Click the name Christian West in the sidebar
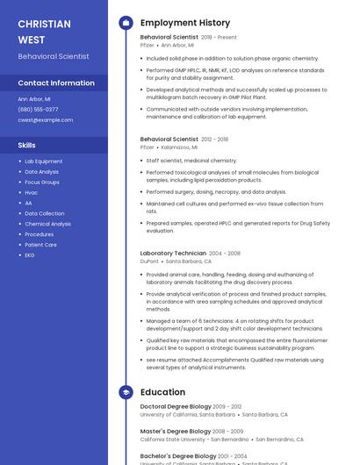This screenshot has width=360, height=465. point(44,31)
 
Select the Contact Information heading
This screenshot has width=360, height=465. point(56,82)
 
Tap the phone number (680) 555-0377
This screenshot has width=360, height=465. point(38,110)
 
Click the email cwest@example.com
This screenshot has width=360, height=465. point(46,119)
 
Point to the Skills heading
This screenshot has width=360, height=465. point(27,145)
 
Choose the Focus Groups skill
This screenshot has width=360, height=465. point(42,182)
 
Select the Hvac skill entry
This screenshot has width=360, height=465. point(32,192)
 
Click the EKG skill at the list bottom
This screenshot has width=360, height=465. point(30,255)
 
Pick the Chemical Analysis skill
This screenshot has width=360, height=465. point(48,224)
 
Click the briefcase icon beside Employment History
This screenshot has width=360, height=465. point(126,23)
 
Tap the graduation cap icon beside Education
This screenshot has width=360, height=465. point(126,392)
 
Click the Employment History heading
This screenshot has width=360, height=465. point(185,23)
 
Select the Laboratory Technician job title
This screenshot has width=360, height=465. point(173,253)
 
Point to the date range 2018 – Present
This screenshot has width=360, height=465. point(219,38)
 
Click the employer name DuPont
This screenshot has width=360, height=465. point(149,261)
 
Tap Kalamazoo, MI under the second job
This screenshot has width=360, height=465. point(178,147)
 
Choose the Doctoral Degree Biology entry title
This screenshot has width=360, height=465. point(176,406)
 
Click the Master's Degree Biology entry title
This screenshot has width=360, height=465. point(176,431)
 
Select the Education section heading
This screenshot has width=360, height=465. point(162,392)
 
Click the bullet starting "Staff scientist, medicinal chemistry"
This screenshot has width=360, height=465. point(191,161)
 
